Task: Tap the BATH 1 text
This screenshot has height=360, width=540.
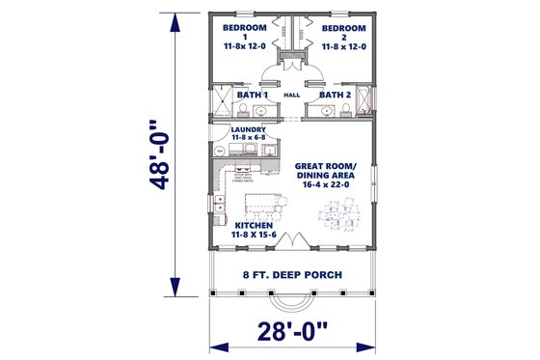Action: point(254,96)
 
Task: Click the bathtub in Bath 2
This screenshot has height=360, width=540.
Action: point(364,99)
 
